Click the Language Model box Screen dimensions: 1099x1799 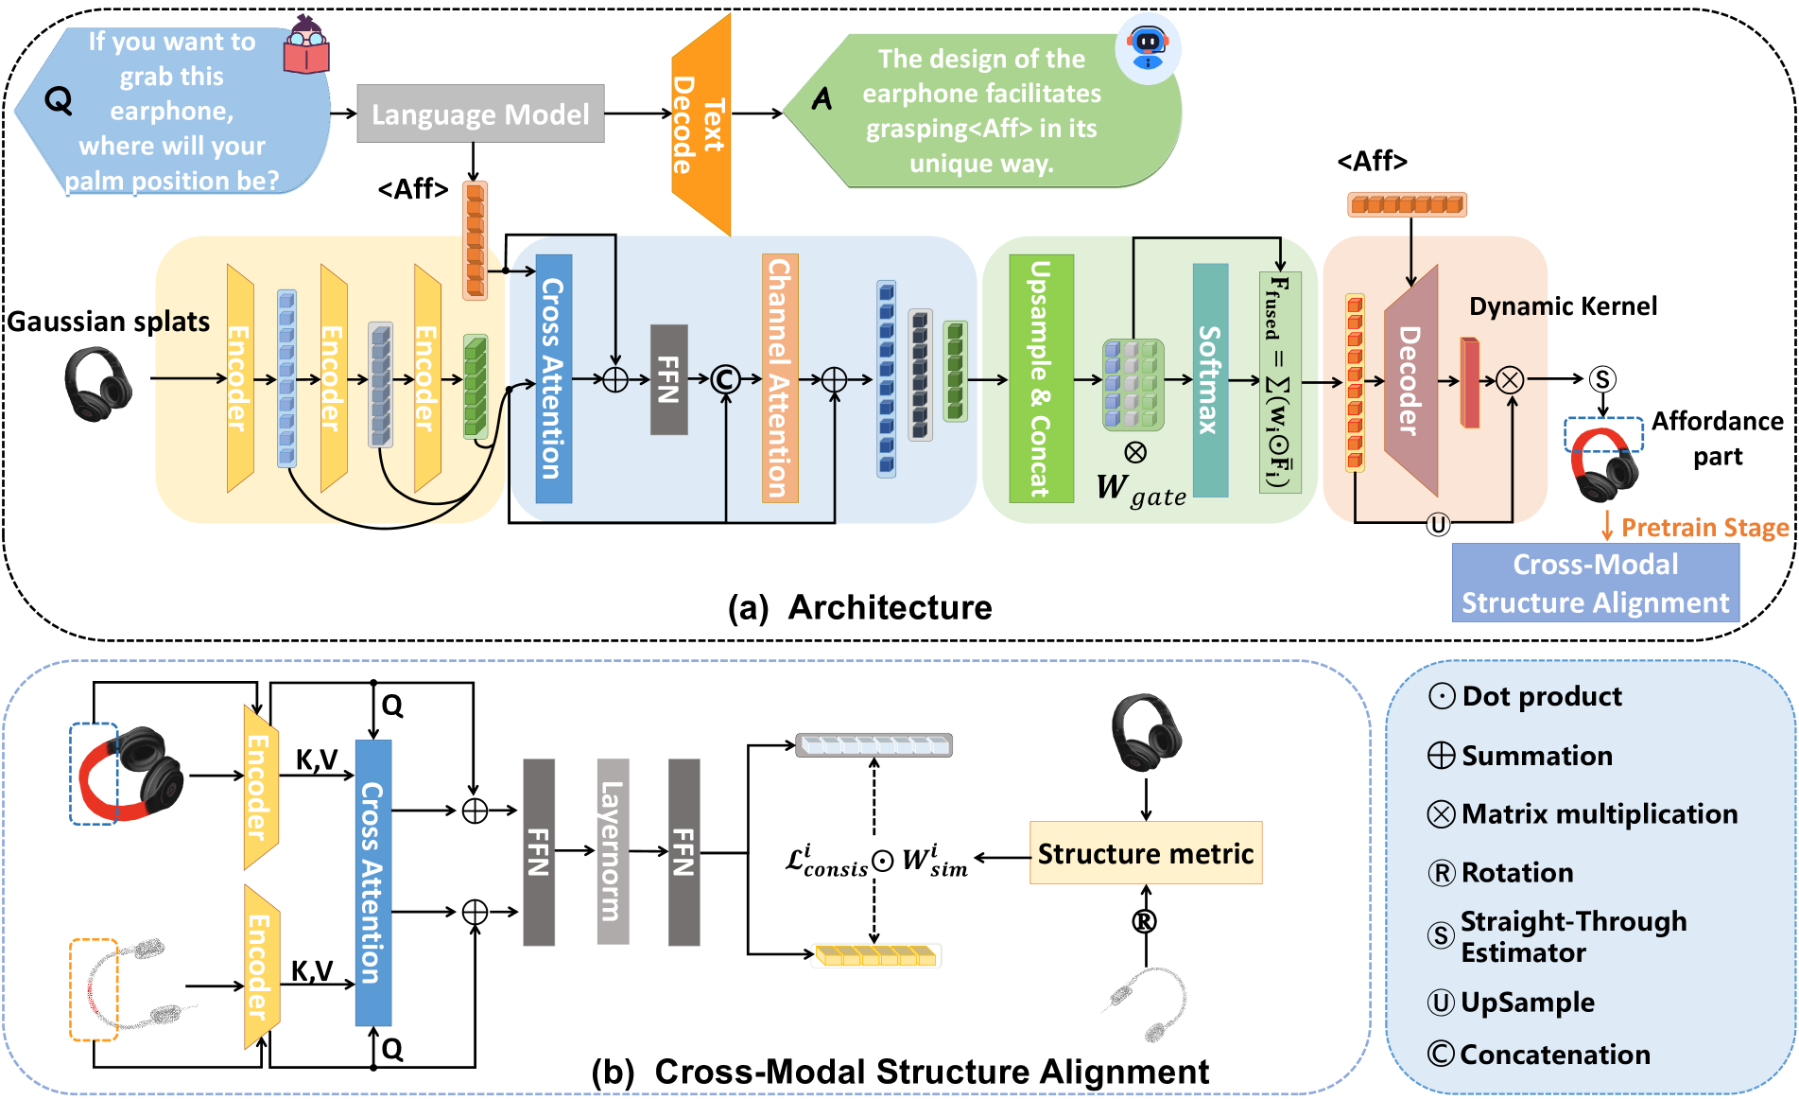(480, 114)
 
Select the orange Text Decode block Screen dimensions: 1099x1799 (701, 124)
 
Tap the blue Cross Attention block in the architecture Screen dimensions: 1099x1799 (554, 378)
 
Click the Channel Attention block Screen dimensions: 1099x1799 (780, 378)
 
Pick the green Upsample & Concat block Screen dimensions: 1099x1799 (1041, 378)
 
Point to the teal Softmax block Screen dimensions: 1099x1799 (1210, 379)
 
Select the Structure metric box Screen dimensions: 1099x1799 (1146, 853)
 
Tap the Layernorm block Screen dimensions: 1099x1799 (613, 851)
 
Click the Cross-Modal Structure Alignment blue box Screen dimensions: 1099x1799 (1595, 583)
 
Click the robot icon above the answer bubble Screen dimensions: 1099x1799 (1148, 46)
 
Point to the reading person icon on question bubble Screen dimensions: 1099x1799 (306, 45)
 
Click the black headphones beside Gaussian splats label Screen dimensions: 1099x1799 (97, 383)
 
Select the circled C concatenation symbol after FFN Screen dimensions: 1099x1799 (726, 379)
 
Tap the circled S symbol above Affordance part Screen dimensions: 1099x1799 (1602, 379)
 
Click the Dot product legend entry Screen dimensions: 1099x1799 (1527, 697)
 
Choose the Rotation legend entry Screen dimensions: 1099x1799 (1502, 873)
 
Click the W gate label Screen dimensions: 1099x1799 (1141, 489)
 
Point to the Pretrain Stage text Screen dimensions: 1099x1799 (1704, 527)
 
